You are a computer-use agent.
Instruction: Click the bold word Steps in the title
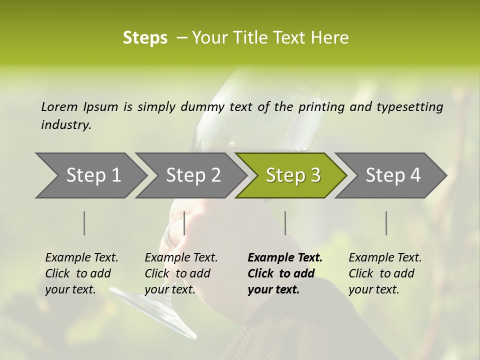point(145,37)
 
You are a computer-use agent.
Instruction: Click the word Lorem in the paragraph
point(59,106)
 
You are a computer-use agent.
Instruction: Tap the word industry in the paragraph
point(66,124)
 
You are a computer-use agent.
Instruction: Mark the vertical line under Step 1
point(84,223)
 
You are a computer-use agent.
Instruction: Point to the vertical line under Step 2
point(184,223)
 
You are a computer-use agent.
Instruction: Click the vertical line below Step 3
point(285,223)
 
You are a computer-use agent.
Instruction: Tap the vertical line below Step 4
point(386,223)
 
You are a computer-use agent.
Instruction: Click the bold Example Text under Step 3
point(285,257)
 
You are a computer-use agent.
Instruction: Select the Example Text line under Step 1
point(81,257)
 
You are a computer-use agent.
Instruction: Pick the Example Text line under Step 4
point(385,257)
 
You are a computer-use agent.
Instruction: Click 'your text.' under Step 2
point(169,289)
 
